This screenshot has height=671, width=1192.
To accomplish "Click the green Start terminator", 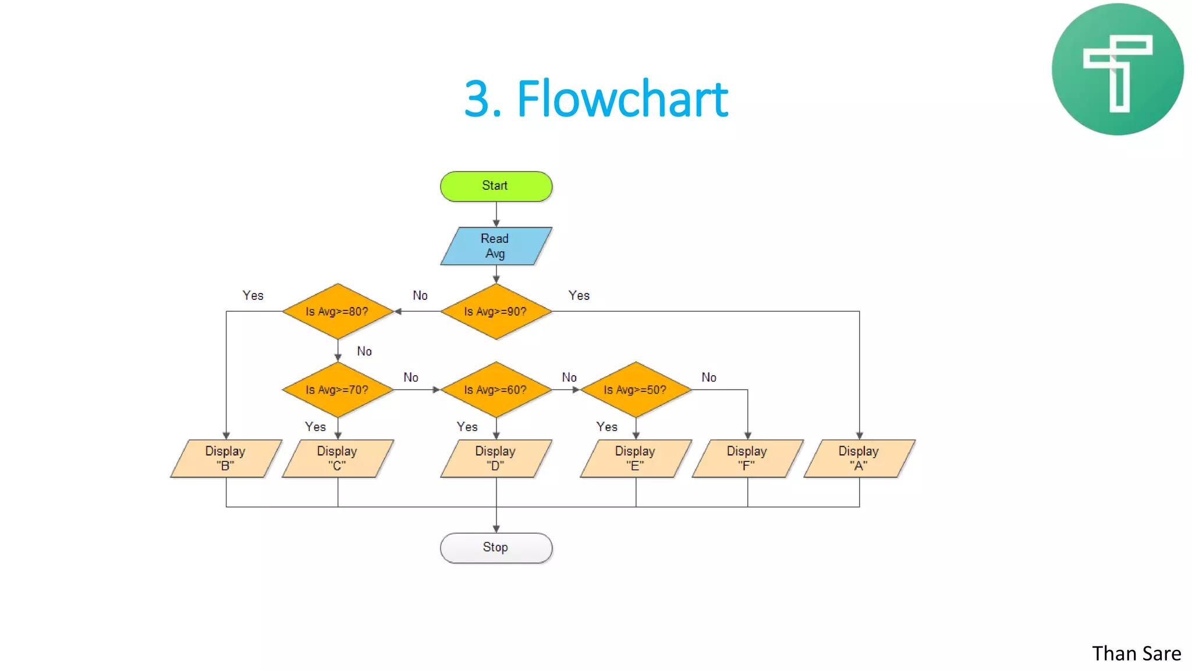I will click(496, 186).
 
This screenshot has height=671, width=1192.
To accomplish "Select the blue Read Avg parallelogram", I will click(496, 246).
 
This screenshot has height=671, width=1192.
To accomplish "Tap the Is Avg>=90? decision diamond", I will click(496, 312).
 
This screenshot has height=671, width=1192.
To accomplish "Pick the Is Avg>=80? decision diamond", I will click(338, 312).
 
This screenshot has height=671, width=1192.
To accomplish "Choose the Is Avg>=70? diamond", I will click(338, 390).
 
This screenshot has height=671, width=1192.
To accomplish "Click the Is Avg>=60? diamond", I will click(496, 390).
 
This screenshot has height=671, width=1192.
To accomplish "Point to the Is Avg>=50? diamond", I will click(636, 390).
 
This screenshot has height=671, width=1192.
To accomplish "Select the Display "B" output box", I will click(226, 458).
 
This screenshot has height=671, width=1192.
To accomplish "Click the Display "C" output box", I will click(338, 458).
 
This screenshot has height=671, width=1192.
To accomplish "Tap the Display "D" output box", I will click(496, 458).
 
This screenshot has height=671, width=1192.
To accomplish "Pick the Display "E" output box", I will click(636, 458).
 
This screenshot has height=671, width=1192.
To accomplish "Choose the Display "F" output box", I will click(747, 458).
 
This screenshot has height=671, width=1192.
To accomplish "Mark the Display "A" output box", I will click(859, 458).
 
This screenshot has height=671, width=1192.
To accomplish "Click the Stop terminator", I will click(496, 548).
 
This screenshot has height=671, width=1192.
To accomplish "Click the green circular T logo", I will click(1117, 69).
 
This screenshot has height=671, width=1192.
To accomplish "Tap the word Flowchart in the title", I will click(622, 99).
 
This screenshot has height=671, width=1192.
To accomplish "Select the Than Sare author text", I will click(1136, 654).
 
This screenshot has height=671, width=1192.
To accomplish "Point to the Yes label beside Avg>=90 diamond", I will click(579, 296).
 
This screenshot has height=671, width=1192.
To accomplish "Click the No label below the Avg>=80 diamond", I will click(364, 351).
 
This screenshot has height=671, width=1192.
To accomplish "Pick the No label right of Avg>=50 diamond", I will click(708, 377).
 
